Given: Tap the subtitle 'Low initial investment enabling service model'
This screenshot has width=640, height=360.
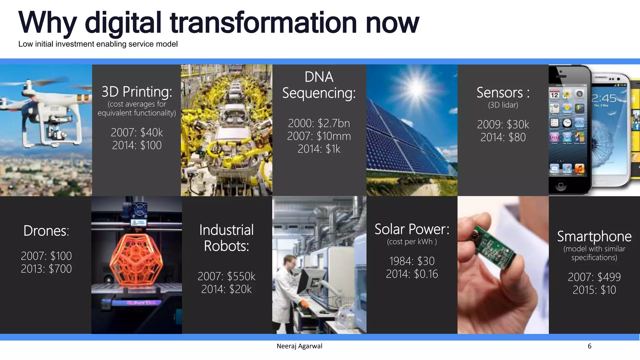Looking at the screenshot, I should click(x=98, y=44).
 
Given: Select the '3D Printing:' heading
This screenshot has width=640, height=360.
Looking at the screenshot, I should click(x=137, y=92).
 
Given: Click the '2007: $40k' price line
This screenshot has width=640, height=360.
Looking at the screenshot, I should click(x=137, y=132).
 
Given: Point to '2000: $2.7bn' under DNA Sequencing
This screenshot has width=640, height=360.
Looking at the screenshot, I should click(x=319, y=123).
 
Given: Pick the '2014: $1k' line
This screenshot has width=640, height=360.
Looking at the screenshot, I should click(x=319, y=149).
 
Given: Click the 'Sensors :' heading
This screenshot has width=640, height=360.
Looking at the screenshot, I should click(x=503, y=93).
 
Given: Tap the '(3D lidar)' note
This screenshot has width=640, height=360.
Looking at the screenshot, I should click(x=503, y=105).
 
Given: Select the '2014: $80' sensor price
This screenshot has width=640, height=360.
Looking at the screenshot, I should click(x=503, y=137).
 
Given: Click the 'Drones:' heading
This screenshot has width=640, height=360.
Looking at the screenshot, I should click(x=46, y=231).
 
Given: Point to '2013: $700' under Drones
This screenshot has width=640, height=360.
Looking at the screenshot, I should click(x=46, y=269).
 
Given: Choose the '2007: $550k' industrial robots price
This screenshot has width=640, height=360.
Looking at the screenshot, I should click(x=226, y=277).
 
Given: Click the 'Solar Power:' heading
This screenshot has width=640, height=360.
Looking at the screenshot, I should click(x=412, y=229).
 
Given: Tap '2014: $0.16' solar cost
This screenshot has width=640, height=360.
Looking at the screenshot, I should click(x=412, y=274).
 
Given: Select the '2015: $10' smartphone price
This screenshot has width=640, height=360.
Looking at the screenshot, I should click(x=594, y=290).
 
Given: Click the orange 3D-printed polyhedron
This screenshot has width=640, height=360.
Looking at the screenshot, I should click(x=136, y=259).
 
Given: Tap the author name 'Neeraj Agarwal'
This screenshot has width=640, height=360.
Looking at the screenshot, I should click(x=299, y=346).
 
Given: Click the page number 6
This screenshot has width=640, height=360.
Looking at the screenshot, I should click(x=589, y=346).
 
